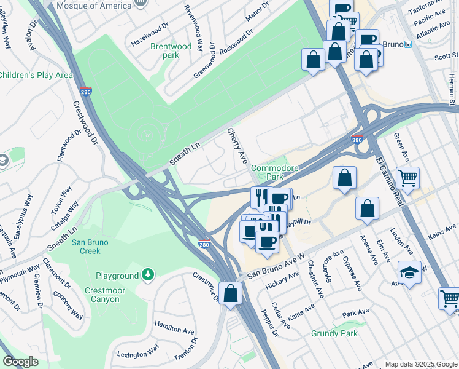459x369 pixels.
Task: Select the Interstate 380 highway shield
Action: [x=357, y=140]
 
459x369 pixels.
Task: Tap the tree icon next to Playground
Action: [x=147, y=274]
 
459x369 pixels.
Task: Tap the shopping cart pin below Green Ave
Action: [x=407, y=178]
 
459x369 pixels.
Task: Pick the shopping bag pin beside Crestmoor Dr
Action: [x=231, y=293]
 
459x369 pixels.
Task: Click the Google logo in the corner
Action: [x=20, y=362]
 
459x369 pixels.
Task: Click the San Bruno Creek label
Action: [x=90, y=247]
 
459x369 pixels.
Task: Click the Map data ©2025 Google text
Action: [x=420, y=364]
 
